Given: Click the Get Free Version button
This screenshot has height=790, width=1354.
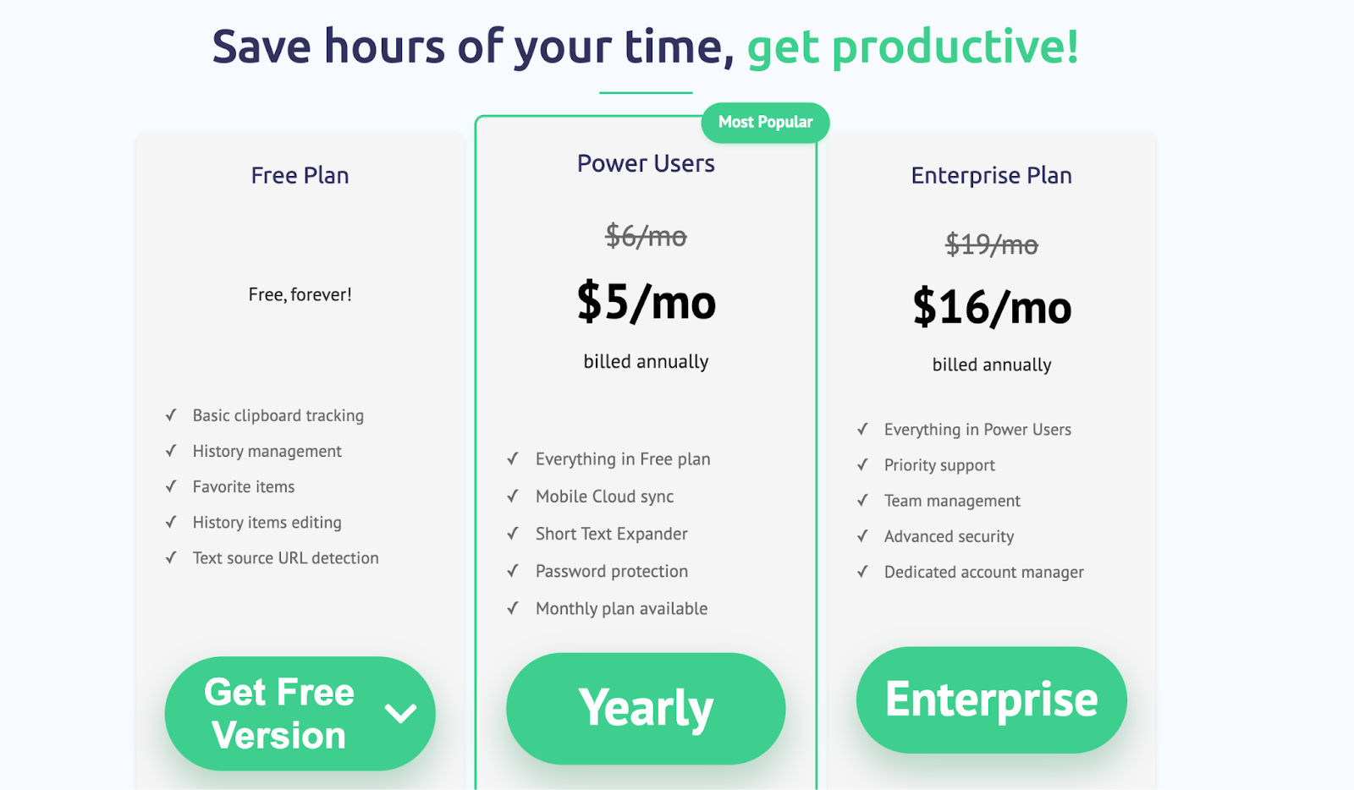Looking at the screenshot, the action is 300,713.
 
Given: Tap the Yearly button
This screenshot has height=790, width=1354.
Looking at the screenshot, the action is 646,709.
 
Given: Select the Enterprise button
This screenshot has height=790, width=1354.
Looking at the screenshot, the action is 991,700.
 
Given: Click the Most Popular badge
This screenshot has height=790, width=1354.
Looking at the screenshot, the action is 765,123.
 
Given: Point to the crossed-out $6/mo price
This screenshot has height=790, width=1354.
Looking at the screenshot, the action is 647,235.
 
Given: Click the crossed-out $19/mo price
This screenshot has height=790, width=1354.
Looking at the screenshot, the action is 991,244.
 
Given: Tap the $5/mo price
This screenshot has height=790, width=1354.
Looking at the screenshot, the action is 647,301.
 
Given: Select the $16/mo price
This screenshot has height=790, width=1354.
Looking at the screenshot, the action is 992,307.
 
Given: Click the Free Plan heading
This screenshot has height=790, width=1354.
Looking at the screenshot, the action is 300,175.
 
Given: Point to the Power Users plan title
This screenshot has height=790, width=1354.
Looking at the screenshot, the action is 646,163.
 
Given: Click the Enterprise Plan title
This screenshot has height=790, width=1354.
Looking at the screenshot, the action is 991,175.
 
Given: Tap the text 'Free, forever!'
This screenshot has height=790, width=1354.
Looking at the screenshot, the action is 300,294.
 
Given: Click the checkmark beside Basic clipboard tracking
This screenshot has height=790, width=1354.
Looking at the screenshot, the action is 171,415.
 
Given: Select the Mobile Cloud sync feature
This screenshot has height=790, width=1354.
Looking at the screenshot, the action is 604,496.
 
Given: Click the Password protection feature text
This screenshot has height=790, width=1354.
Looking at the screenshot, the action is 612,571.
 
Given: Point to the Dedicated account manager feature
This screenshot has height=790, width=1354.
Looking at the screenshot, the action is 983,572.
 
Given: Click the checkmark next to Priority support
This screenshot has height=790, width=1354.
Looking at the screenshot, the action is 862,464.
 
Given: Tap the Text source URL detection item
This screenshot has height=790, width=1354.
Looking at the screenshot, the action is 285,557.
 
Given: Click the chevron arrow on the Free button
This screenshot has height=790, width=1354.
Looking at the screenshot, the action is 400,713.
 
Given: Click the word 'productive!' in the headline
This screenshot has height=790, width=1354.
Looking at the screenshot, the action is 955,47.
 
